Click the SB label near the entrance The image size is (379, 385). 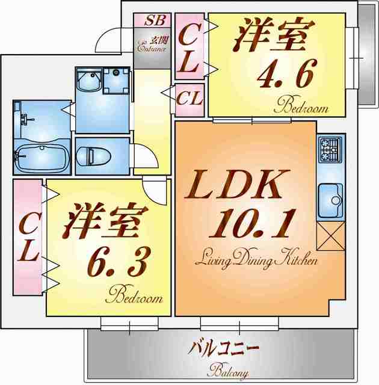(x=155, y=20)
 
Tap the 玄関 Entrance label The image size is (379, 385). (x=152, y=44)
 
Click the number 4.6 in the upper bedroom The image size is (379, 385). (x=286, y=73)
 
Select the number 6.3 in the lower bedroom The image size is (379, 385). (x=119, y=262)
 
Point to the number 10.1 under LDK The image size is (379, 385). (x=251, y=223)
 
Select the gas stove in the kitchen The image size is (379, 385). (x=330, y=150)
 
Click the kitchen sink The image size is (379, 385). (x=330, y=200)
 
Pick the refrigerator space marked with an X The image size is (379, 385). (x=331, y=236)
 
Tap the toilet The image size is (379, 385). (x=93, y=156)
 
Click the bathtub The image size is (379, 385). (x=42, y=157)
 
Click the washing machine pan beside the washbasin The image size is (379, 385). (x=116, y=81)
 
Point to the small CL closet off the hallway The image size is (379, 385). (x=189, y=100)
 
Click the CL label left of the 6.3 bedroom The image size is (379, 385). (x=28, y=236)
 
